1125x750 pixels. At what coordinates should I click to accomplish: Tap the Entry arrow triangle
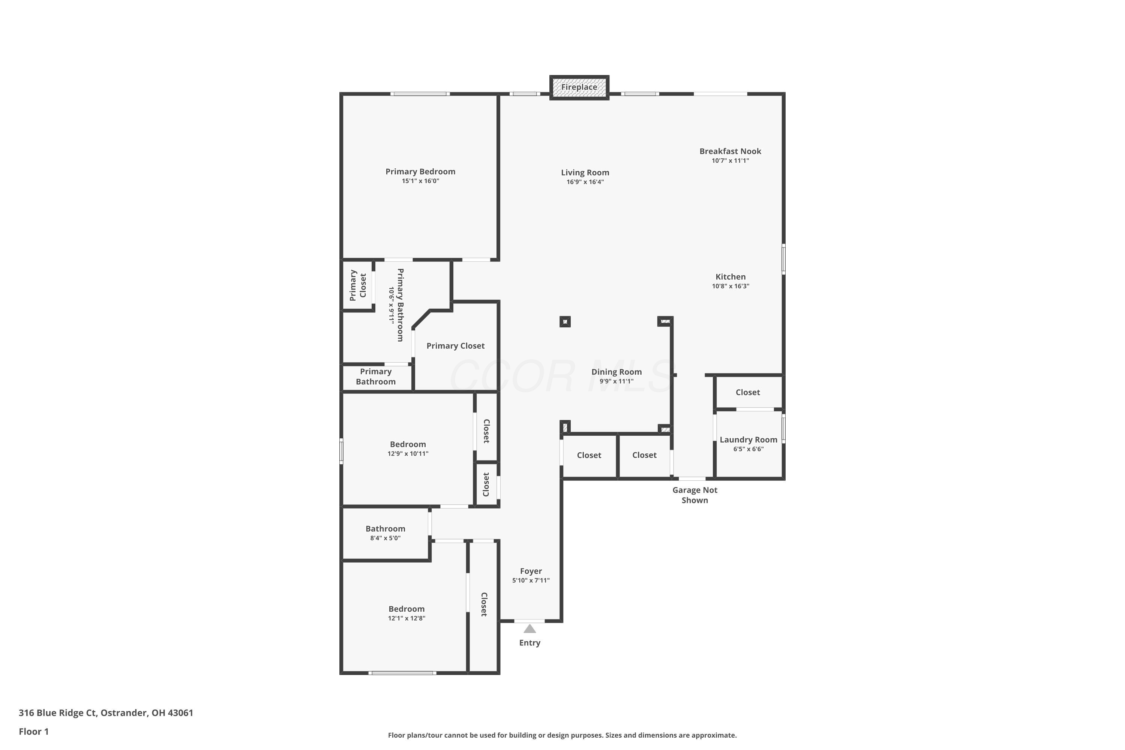tap(529, 628)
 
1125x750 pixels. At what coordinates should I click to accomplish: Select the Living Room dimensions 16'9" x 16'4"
tap(585, 182)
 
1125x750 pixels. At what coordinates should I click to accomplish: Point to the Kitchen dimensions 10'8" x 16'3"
tap(730, 286)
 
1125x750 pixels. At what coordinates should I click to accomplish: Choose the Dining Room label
tap(616, 372)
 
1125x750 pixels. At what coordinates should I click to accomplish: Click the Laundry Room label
tap(748, 439)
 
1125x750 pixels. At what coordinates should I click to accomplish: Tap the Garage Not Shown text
tap(694, 495)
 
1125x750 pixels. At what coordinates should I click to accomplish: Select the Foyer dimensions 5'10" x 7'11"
tap(531, 580)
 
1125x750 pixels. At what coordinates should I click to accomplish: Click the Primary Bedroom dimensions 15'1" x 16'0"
tap(420, 181)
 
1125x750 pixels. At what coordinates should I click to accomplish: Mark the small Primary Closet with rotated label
tap(358, 285)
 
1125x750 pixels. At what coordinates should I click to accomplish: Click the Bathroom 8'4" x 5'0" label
tap(385, 533)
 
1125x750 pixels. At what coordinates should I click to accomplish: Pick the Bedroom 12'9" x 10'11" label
tap(408, 448)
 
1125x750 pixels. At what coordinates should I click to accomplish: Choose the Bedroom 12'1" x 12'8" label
tap(406, 613)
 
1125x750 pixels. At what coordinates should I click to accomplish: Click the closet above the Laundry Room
tap(748, 392)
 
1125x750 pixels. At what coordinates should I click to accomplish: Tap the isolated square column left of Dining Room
tap(565, 321)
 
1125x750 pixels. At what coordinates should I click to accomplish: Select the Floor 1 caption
tap(33, 731)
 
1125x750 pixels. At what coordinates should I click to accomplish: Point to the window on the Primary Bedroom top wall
tap(420, 94)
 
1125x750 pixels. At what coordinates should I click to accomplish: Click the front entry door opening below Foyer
tap(529, 621)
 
